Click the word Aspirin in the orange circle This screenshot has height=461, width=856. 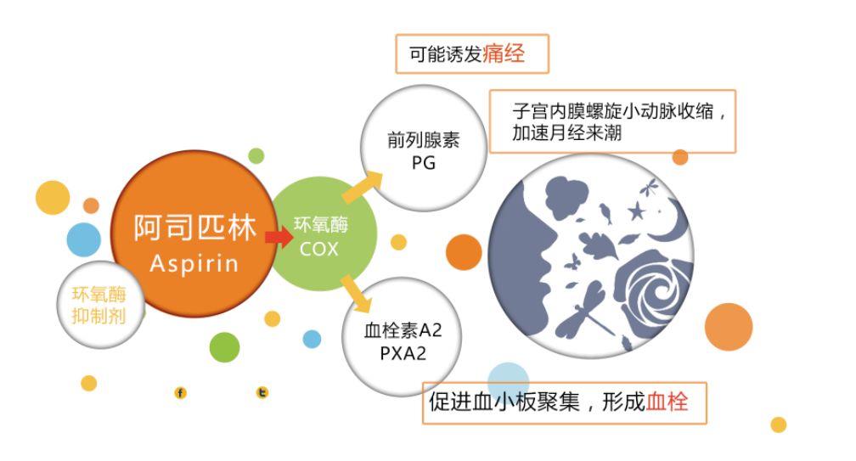click(194, 263)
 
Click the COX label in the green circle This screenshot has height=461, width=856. click(319, 250)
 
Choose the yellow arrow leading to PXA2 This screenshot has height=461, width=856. click(357, 292)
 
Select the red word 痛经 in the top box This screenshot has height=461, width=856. click(504, 54)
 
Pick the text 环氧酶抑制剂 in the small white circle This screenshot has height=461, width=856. click(99, 305)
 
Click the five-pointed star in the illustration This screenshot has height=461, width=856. click(635, 209)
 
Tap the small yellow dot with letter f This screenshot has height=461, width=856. click(180, 392)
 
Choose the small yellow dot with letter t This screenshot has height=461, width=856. click(262, 392)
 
